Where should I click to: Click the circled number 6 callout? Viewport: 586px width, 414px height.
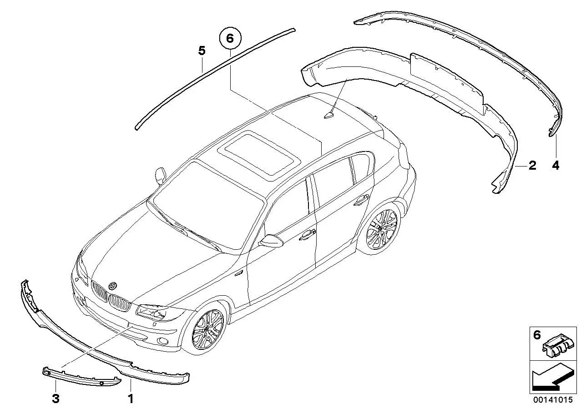230,39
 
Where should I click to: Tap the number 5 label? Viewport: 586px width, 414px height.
202,51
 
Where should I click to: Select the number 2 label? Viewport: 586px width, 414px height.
532,165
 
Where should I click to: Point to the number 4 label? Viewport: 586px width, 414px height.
556,166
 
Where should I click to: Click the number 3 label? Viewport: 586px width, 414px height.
56,399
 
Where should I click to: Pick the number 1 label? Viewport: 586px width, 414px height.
130,399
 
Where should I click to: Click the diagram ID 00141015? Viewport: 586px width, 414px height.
553,400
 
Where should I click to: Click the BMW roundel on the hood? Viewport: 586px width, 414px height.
113,286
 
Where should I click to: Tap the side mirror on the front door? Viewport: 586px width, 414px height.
271,242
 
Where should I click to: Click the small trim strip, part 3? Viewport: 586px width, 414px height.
81,377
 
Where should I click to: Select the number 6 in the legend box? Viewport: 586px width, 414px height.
536,335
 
